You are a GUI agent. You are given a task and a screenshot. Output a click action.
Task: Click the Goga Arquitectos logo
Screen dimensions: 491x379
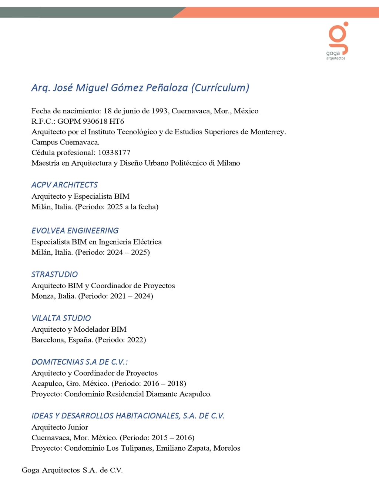click(x=337, y=40)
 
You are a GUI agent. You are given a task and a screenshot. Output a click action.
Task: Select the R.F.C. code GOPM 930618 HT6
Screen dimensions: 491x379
click(x=91, y=121)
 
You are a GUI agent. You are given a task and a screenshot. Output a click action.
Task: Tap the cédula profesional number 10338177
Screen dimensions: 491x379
click(x=114, y=152)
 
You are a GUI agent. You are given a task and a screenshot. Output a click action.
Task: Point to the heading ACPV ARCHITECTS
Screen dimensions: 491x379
click(x=64, y=185)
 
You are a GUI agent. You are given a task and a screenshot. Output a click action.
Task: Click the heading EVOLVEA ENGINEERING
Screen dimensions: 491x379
click(x=75, y=230)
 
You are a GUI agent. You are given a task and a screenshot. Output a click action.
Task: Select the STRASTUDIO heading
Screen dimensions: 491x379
click(x=54, y=274)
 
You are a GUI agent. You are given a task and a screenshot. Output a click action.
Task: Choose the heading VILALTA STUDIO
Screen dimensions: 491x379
click(x=61, y=318)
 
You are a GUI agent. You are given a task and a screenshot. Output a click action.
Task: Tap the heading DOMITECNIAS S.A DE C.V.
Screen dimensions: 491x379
click(x=79, y=362)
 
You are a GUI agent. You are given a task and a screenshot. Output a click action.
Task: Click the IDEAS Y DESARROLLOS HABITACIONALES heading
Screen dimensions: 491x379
click(x=128, y=416)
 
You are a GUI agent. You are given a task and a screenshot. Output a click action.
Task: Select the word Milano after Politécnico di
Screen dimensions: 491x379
click(x=228, y=163)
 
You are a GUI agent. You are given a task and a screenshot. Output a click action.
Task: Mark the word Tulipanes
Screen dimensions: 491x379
click(x=136, y=448)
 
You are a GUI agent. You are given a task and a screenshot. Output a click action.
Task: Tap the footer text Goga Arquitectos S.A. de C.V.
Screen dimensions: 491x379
click(x=72, y=470)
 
